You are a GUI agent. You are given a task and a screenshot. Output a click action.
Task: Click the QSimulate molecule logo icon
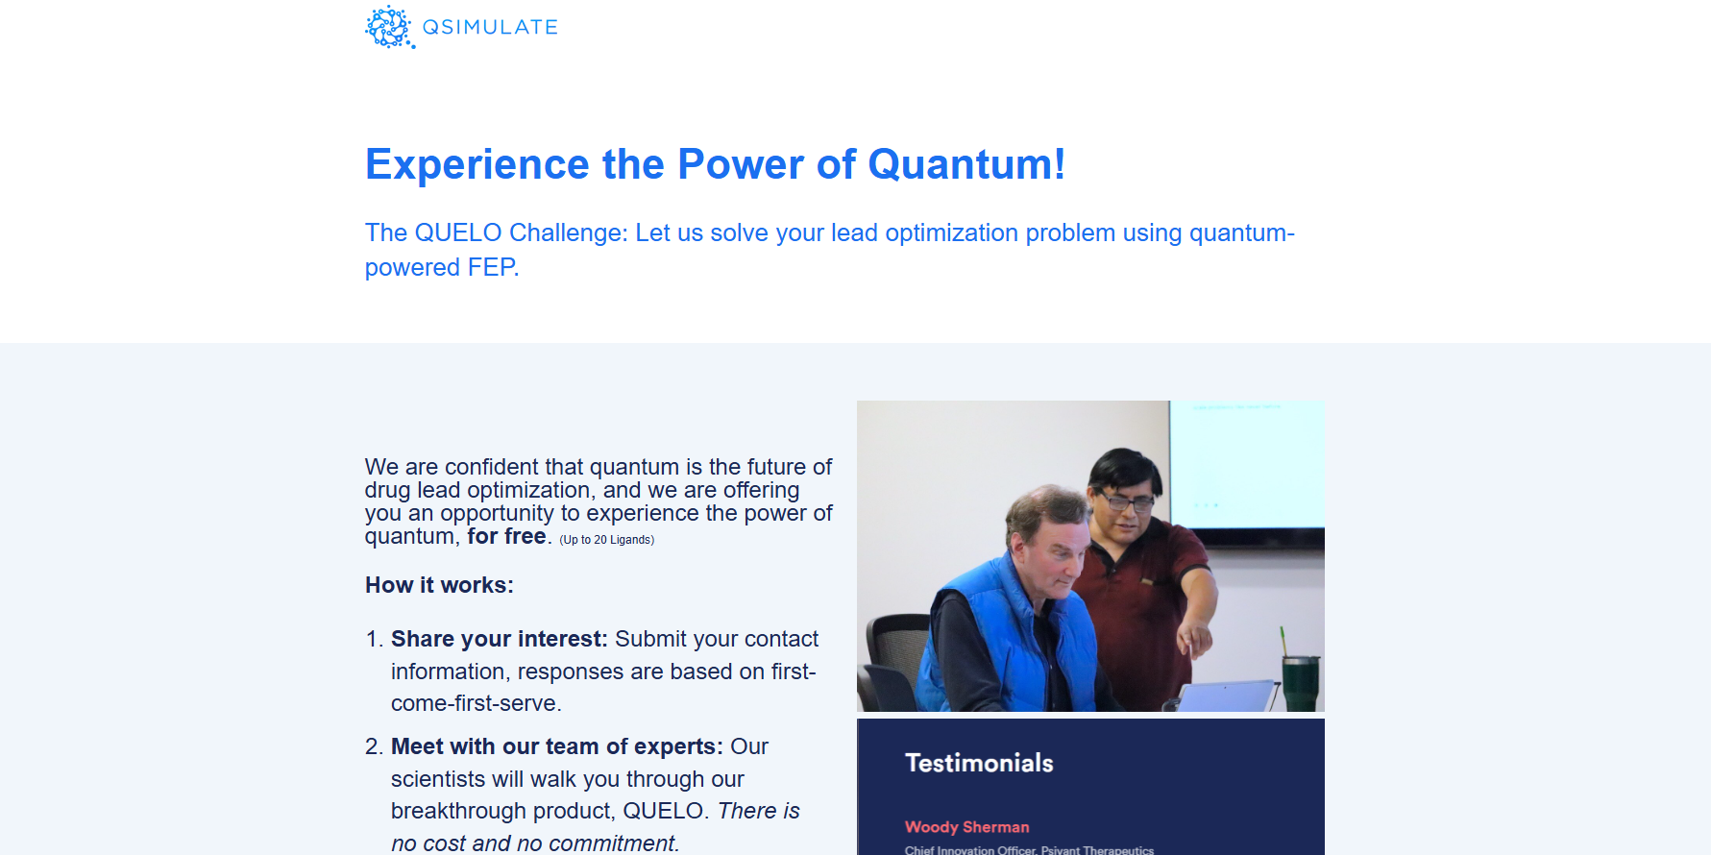(390, 27)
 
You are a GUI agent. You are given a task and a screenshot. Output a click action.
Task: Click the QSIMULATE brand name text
(490, 27)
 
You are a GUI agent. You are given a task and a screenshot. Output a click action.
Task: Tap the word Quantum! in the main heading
(966, 164)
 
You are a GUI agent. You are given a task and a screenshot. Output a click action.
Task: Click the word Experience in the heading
(477, 164)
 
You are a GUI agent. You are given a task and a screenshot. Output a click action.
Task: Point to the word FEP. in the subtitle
(493, 267)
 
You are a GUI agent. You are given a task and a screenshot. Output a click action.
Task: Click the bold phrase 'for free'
(506, 536)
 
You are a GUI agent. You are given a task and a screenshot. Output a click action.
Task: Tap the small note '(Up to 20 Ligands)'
(607, 540)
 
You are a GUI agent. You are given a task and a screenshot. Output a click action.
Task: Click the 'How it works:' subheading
(439, 585)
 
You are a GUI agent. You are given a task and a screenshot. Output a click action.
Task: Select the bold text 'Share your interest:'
(500, 639)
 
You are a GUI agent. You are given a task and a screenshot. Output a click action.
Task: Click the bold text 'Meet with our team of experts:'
(557, 746)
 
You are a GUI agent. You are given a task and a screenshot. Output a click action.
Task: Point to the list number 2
(374, 746)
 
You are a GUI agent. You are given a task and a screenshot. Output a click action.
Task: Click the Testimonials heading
(979, 763)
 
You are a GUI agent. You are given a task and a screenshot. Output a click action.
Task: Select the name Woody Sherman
(966, 827)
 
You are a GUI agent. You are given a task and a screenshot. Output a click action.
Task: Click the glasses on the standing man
(1126, 501)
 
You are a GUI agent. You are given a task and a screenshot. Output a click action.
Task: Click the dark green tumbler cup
(1302, 681)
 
